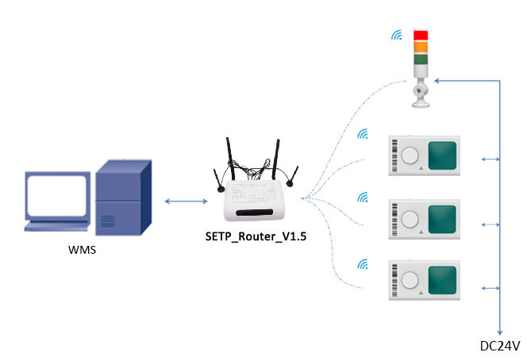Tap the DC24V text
click(x=500, y=346)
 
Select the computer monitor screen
click(x=56, y=195)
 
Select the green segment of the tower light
click(x=420, y=58)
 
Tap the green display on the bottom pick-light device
click(x=442, y=280)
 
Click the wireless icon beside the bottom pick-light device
click(x=364, y=264)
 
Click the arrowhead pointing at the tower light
click(x=437, y=80)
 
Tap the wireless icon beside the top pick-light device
click(x=364, y=135)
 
